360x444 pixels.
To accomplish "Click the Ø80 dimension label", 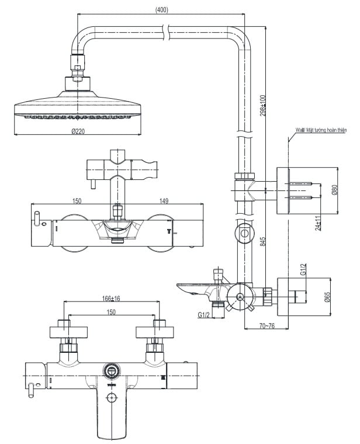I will tap(335, 190).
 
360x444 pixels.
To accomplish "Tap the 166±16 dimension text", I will tap(110, 299).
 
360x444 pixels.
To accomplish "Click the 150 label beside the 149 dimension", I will tap(77, 202).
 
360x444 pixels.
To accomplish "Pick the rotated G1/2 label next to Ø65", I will tap(304, 269).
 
